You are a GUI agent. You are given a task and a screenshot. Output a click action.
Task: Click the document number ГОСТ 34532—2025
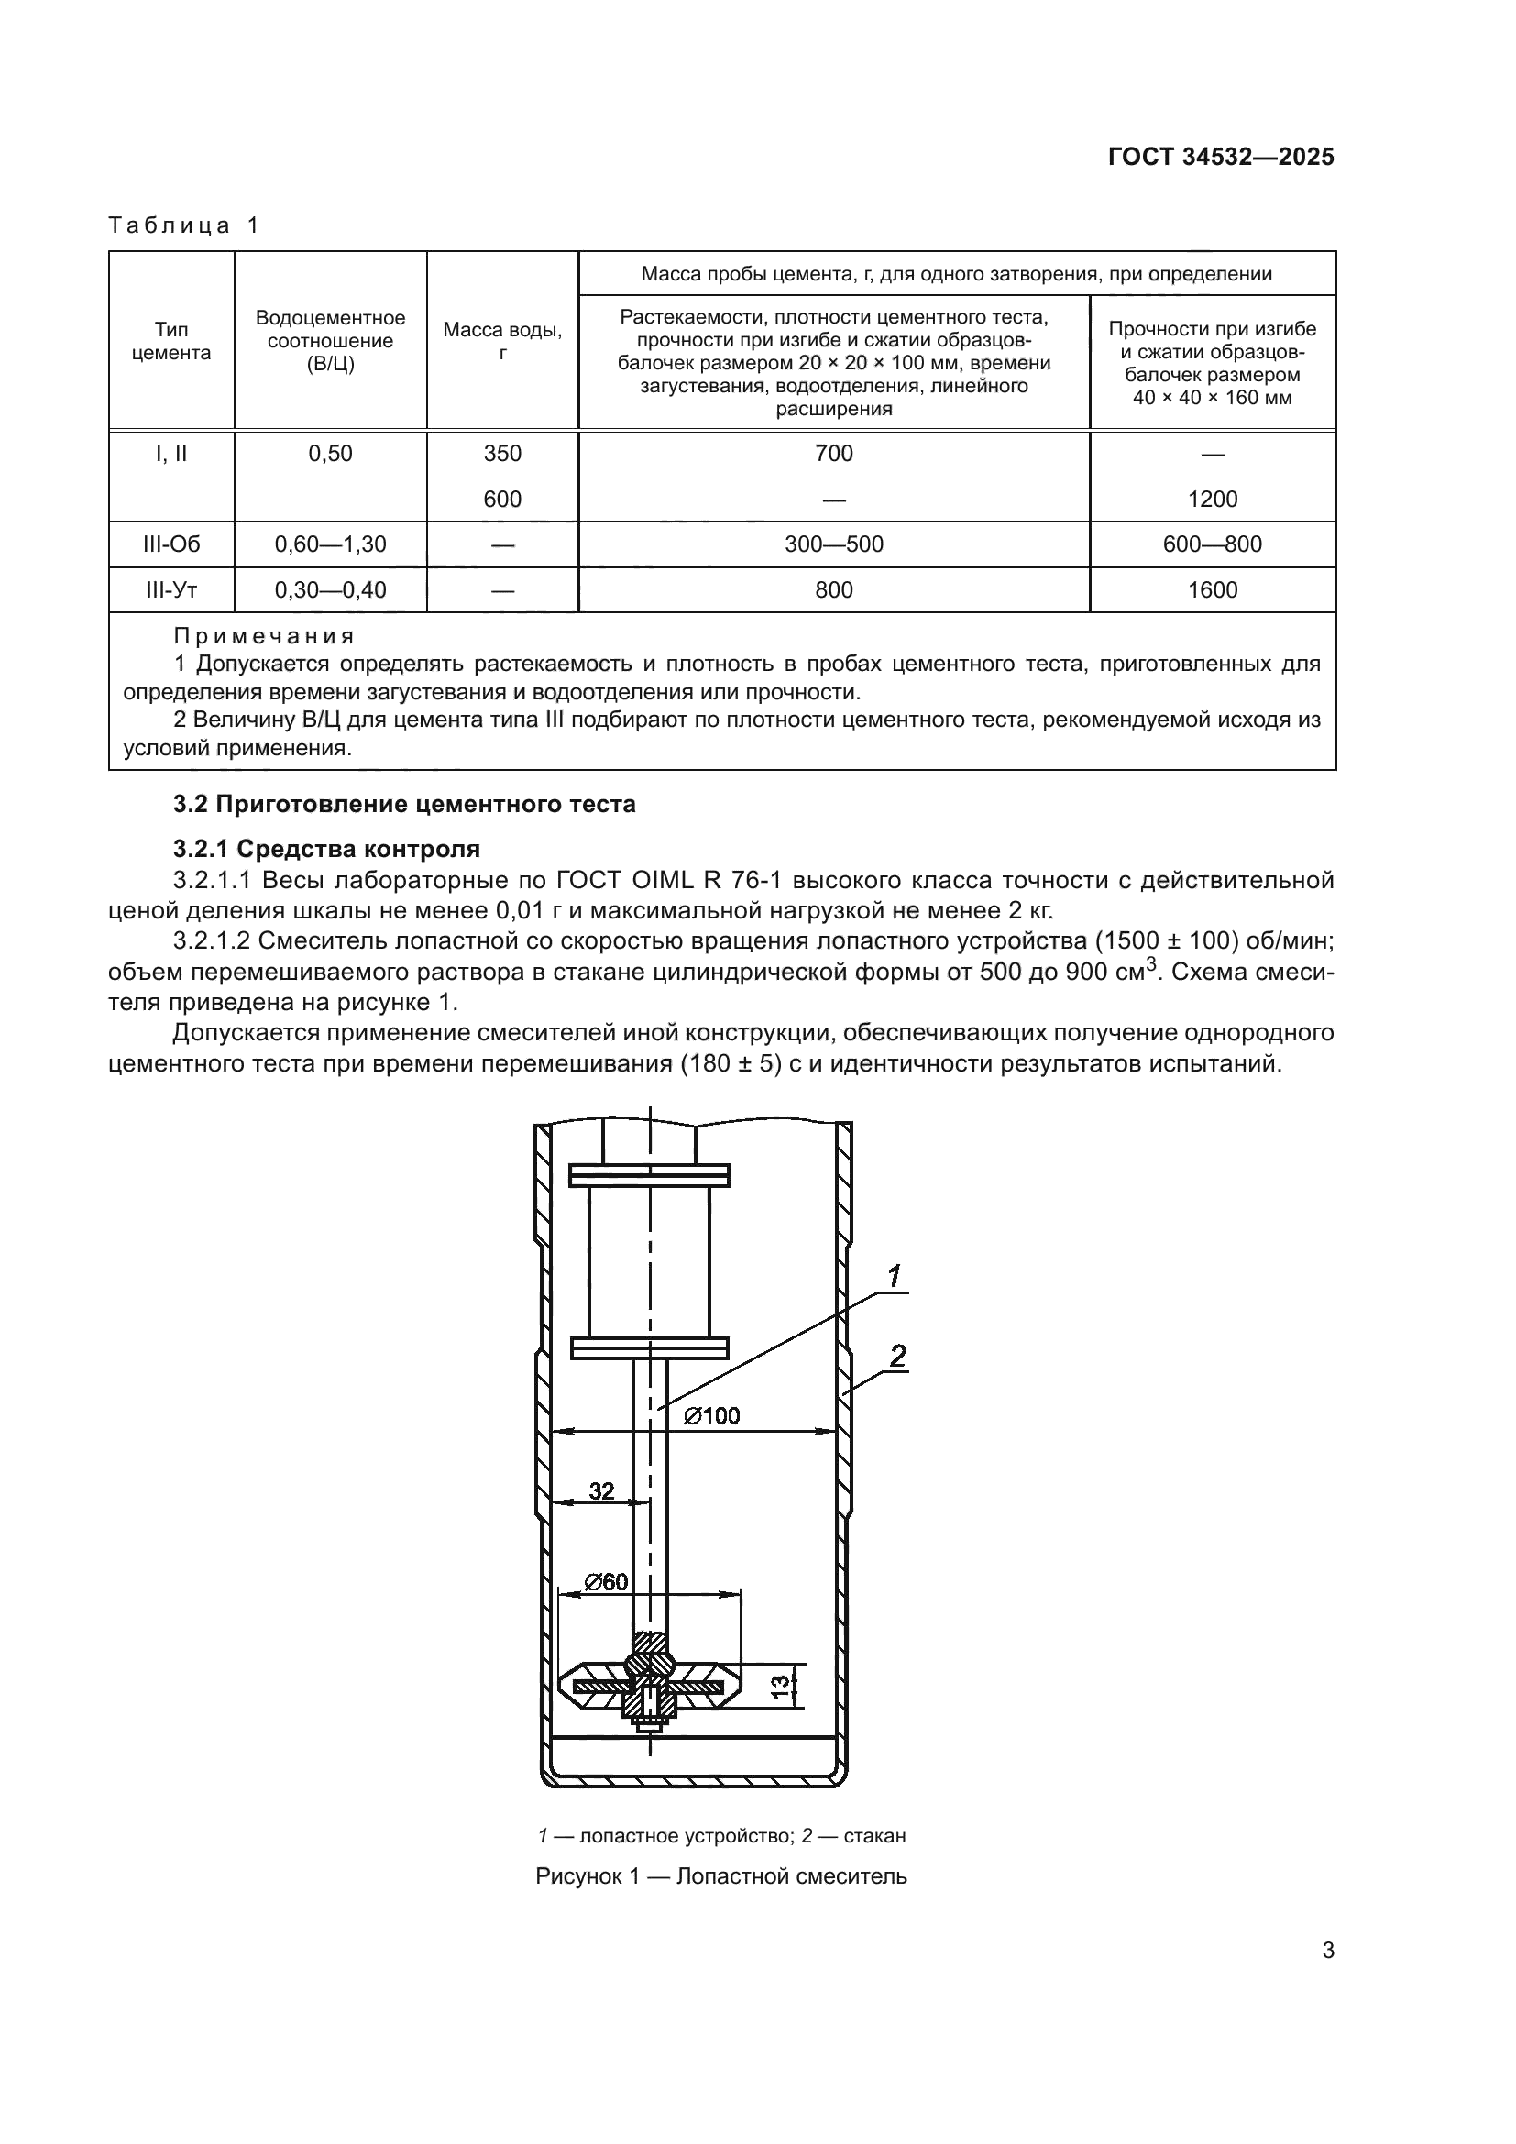(1220, 157)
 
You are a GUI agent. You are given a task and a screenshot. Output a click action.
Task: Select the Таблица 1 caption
(184, 225)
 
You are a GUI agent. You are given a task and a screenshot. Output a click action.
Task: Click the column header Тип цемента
(170, 341)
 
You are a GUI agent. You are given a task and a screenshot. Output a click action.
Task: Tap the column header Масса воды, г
(502, 341)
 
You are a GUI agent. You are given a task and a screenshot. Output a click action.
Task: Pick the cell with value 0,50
(331, 454)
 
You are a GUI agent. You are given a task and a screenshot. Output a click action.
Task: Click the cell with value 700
(833, 454)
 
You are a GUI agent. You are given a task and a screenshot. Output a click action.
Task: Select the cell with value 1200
(1212, 500)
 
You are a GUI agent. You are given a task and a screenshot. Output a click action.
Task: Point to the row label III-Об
(170, 544)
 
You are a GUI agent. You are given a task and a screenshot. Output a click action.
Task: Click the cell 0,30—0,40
(331, 590)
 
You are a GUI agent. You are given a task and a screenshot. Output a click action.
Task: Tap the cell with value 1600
(1212, 590)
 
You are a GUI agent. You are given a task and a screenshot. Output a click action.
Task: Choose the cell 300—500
(833, 544)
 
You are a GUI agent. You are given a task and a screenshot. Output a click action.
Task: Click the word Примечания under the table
(264, 636)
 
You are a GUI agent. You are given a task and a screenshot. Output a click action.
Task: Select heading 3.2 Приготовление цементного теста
(404, 804)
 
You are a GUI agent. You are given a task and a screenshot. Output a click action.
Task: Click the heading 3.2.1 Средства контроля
(326, 849)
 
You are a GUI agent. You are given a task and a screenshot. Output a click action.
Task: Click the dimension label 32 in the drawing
(601, 1491)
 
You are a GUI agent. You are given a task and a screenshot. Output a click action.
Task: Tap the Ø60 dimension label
(606, 1582)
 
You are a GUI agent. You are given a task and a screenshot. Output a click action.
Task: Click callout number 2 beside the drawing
(897, 1355)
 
